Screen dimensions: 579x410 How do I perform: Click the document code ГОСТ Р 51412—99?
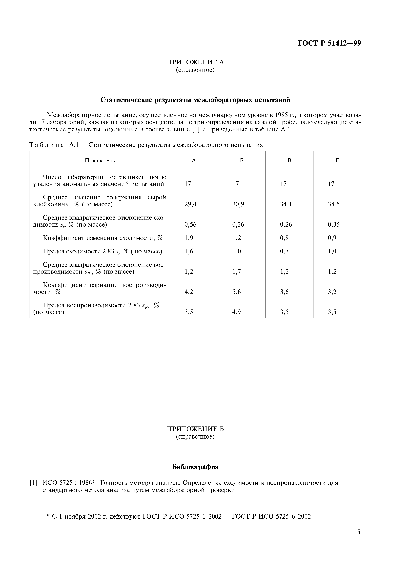click(329, 43)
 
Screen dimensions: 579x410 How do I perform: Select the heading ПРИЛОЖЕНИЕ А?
click(195, 62)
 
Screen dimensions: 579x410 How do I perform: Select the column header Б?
click(242, 161)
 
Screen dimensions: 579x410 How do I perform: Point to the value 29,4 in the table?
click(190, 204)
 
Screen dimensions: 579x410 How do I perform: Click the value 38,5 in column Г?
click(334, 204)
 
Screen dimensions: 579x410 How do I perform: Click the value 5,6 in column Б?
click(237, 292)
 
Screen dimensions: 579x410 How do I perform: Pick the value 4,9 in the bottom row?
click(237, 312)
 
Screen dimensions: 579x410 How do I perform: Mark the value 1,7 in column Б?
click(237, 271)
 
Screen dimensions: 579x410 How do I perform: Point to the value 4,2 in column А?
click(189, 292)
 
